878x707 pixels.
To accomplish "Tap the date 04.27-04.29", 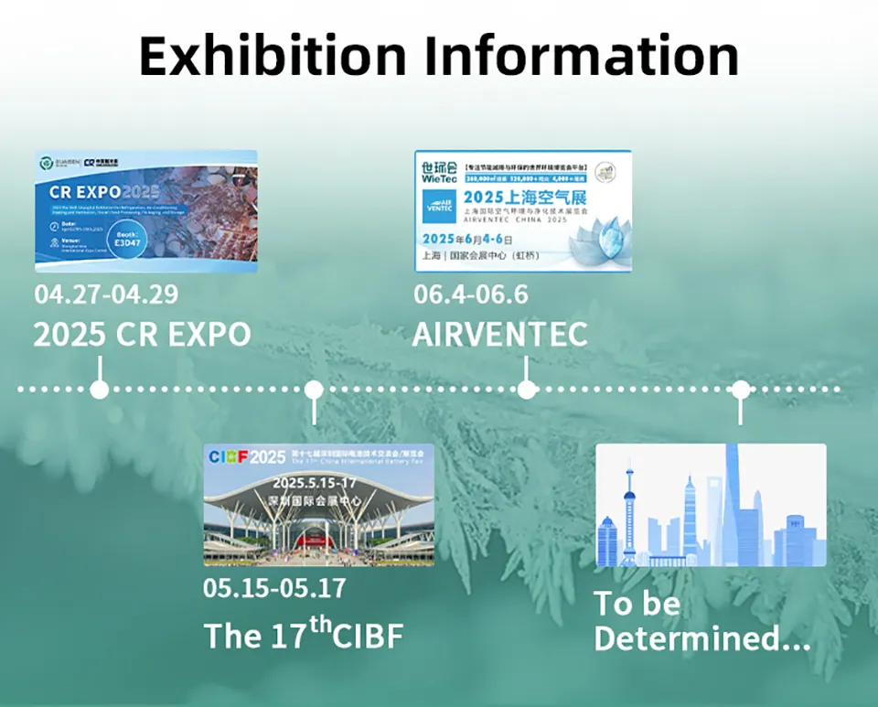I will pos(106,295).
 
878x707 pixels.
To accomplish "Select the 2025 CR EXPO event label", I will pos(142,334).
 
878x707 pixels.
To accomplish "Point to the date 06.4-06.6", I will pos(471,295).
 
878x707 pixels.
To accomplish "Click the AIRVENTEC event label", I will pos(499,334).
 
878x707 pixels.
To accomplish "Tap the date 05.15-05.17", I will pos(274,586).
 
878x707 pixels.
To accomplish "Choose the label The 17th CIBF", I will pos(303,634).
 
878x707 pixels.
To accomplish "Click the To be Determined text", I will pos(701,621).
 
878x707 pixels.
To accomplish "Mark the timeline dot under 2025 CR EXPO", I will pos(100,390).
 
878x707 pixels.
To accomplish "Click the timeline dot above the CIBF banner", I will pos(314,390).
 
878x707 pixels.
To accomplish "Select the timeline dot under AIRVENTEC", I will pos(527,390).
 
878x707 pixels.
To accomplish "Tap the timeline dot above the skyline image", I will pos(741,390).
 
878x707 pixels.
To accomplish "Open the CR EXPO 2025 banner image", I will pos(146,211).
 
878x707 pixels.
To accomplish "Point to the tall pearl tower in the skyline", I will pos(630,512).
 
